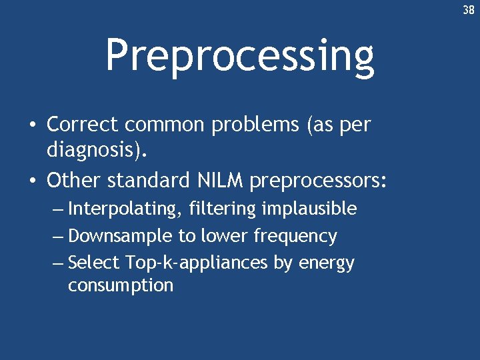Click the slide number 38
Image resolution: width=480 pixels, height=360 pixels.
tap(469, 11)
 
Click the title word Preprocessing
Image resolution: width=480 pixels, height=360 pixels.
tap(239, 56)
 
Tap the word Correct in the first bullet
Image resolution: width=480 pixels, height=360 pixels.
tap(83, 125)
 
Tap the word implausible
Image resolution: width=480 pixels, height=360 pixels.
tap(309, 209)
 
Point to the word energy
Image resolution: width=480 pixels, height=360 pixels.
tap(326, 264)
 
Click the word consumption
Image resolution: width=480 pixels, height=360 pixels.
tap(120, 286)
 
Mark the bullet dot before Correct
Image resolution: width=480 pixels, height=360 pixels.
tap(32, 125)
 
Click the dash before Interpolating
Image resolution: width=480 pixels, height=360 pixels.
tap(58, 209)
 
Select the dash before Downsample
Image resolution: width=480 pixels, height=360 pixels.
tap(58, 237)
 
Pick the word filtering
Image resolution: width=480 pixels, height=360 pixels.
tap(222, 209)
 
